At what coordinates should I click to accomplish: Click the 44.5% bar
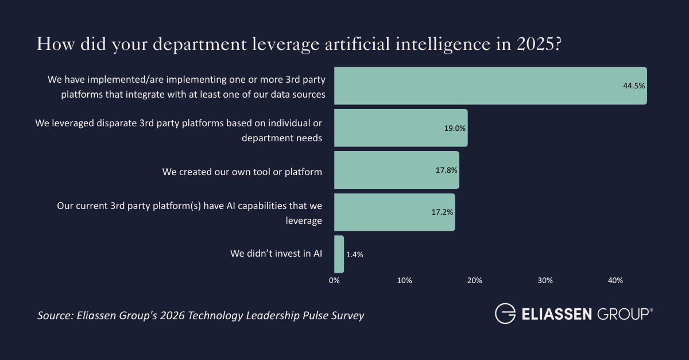490,86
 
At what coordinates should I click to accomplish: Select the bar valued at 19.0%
401,128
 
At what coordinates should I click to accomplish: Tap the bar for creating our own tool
396,170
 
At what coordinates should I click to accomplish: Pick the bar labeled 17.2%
394,212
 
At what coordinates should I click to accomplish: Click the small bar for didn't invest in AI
339,254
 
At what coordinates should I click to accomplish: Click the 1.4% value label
355,254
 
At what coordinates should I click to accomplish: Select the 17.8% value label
446,170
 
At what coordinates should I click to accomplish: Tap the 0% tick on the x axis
334,281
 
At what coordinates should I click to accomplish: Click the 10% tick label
404,281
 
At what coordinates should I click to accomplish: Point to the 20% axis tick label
475,281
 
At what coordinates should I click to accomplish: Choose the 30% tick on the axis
545,281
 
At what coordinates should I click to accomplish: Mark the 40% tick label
616,281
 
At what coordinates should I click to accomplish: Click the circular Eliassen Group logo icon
505,314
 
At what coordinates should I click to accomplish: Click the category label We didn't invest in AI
276,253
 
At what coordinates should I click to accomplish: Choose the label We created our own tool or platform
242,171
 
